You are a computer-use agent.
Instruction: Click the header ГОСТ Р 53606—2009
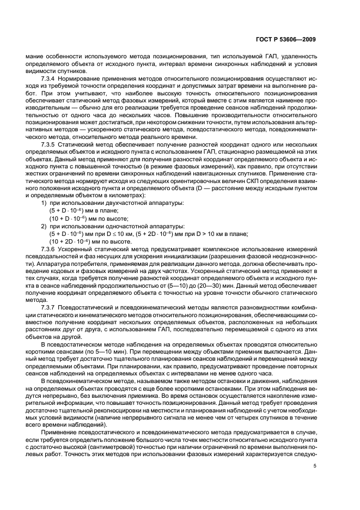tap(288, 39)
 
